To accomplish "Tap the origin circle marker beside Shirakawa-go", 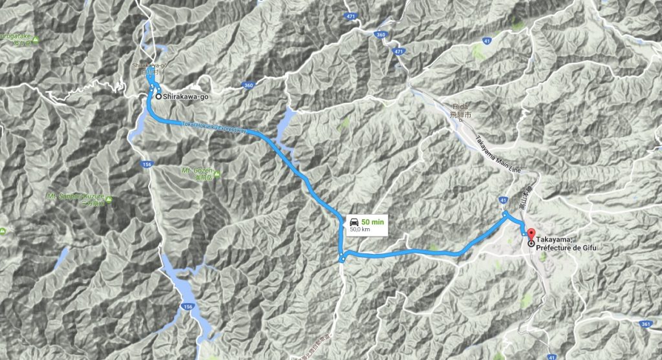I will point(158,97).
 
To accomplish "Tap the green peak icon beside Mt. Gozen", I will point(216,174).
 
